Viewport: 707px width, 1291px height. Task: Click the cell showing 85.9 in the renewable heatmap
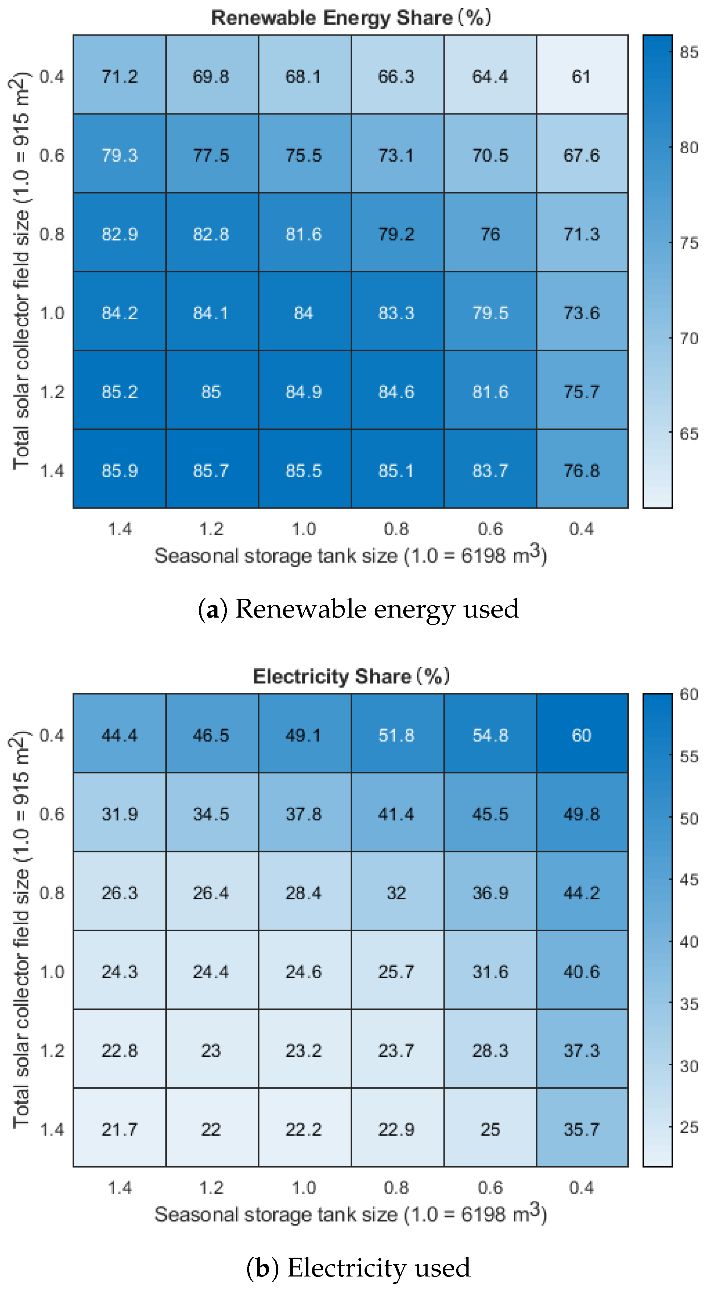click(x=119, y=470)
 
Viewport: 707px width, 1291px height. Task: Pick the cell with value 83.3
click(x=396, y=313)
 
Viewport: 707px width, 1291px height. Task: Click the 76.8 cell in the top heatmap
click(x=581, y=470)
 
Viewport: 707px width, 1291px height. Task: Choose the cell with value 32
click(x=396, y=893)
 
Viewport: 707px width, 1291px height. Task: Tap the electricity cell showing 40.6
click(x=581, y=971)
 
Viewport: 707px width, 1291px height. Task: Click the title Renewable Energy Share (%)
click(x=351, y=17)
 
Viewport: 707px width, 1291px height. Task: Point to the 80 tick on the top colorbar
click(x=689, y=148)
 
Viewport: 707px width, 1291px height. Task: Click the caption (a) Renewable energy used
click(x=358, y=609)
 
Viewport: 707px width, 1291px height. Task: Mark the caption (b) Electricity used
click(x=358, y=1267)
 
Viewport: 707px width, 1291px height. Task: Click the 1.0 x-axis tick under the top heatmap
click(x=304, y=529)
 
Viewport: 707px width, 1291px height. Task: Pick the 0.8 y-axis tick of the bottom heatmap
click(x=52, y=893)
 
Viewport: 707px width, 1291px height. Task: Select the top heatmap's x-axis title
click(x=351, y=555)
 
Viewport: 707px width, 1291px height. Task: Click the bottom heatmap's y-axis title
click(x=20, y=930)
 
